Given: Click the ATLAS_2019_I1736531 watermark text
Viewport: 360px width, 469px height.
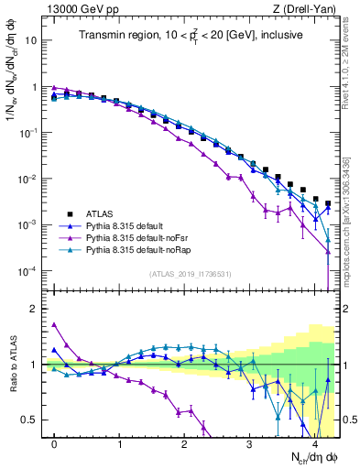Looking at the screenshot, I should [x=190, y=274].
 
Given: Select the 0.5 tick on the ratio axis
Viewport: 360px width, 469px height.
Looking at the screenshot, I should [x=34, y=420].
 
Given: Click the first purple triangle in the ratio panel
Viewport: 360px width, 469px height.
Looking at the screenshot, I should [x=54, y=323].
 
